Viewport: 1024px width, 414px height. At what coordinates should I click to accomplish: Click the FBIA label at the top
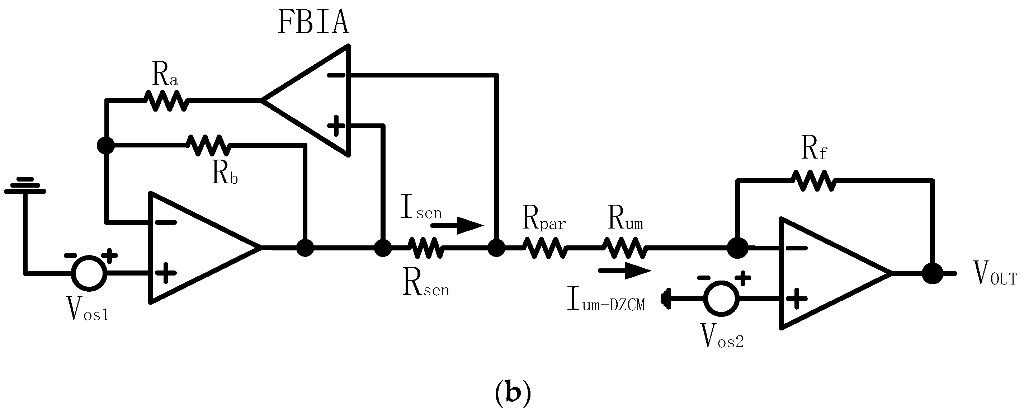click(313, 22)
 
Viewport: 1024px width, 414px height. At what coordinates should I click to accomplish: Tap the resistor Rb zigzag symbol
click(209, 146)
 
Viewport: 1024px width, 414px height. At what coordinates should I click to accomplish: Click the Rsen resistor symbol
click(425, 248)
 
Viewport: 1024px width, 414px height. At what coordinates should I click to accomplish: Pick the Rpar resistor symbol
click(544, 248)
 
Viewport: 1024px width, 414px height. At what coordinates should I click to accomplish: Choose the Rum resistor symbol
click(625, 248)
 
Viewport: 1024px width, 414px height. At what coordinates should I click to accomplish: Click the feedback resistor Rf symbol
click(814, 181)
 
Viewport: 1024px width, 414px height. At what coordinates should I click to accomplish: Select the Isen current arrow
click(457, 226)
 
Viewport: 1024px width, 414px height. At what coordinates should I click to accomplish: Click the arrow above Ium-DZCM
click(625, 270)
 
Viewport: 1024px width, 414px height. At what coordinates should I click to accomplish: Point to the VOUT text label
click(995, 274)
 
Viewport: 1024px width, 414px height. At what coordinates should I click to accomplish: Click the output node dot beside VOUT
click(933, 274)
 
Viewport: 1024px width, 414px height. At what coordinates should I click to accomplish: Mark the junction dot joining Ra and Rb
click(106, 146)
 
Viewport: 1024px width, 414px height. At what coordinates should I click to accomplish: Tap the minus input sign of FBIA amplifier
click(336, 75)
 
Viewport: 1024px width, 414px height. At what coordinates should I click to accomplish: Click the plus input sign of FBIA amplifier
click(336, 125)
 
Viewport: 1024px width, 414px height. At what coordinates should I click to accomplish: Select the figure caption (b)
click(513, 393)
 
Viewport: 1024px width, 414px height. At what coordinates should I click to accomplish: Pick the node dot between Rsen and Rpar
click(496, 248)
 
